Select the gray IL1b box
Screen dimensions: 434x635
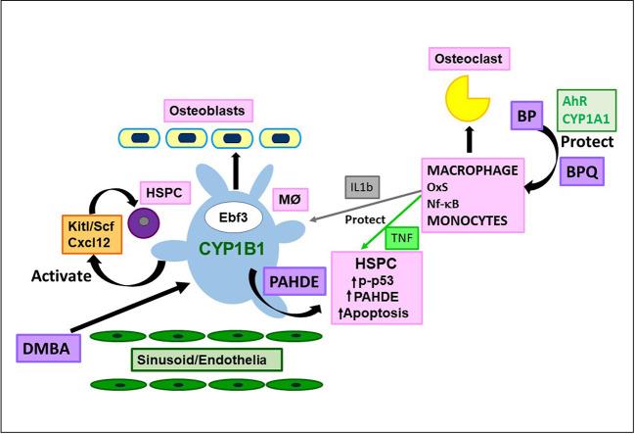[x=363, y=185]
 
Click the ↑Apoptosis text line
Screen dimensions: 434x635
[x=376, y=313]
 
